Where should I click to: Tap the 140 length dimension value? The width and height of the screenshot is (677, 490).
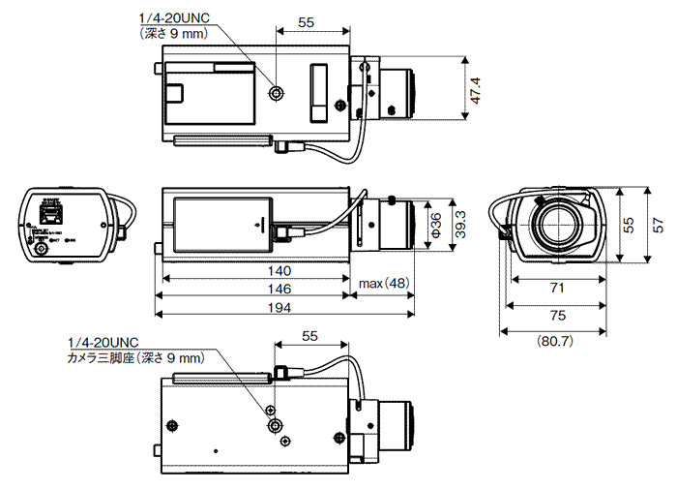tap(280, 270)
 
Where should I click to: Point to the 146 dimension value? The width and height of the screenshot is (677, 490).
tap(280, 289)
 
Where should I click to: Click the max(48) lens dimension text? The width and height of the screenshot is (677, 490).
tap(384, 283)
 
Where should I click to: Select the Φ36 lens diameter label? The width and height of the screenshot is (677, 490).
tap(436, 227)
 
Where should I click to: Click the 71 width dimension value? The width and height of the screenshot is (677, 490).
tap(556, 289)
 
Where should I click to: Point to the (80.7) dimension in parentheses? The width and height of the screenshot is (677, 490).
tap(556, 341)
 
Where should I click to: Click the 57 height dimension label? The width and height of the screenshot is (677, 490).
tap(659, 225)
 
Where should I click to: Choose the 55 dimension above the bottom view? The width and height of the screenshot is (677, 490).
tap(309, 336)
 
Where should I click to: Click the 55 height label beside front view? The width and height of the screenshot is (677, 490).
tap(629, 225)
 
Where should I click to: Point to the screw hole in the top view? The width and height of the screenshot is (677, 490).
tap(278, 93)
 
